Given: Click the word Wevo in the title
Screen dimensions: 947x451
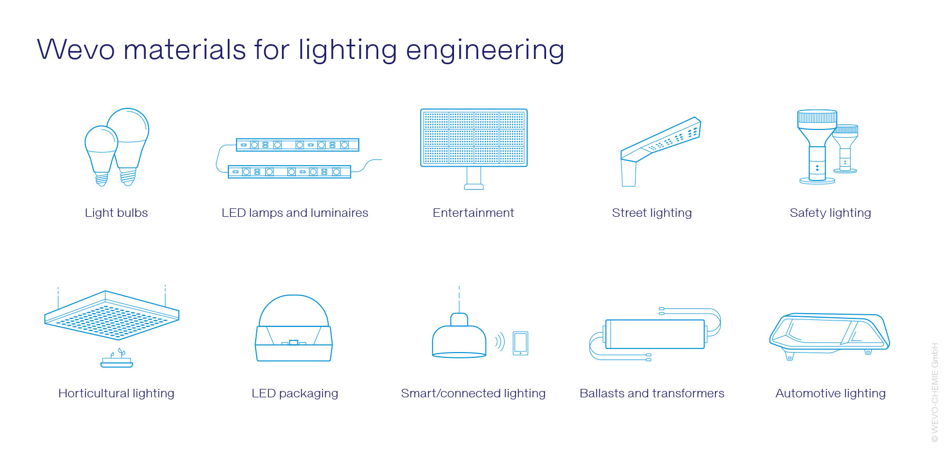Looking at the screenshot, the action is coord(76,50).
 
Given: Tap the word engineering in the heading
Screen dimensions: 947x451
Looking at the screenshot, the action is coord(485,51).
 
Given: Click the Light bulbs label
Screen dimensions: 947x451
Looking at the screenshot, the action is coord(116,213).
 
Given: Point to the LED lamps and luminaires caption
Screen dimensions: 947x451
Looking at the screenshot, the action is coord(295,213).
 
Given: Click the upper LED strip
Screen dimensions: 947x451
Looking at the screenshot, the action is coord(298,145).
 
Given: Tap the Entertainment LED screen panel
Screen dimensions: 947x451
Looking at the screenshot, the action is coord(473,138).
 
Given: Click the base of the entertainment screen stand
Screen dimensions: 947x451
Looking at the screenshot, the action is coord(474,186).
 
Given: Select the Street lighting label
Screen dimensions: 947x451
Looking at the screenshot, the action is coord(652,213).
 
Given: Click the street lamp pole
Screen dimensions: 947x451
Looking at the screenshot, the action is coord(629,173).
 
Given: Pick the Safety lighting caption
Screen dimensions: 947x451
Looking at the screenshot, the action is coord(830,213).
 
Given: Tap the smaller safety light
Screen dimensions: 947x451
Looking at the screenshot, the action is coord(845,149).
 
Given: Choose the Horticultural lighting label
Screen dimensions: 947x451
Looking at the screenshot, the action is coord(116,393).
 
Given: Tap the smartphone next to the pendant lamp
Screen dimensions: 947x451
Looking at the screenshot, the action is coord(520,343).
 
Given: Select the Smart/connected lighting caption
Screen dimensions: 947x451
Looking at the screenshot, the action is coord(473,393).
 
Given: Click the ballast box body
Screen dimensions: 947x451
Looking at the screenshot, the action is coord(655,334).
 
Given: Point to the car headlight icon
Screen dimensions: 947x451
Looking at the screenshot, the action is coord(830,335).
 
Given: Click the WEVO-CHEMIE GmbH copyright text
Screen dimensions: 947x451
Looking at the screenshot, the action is coord(935,393).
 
